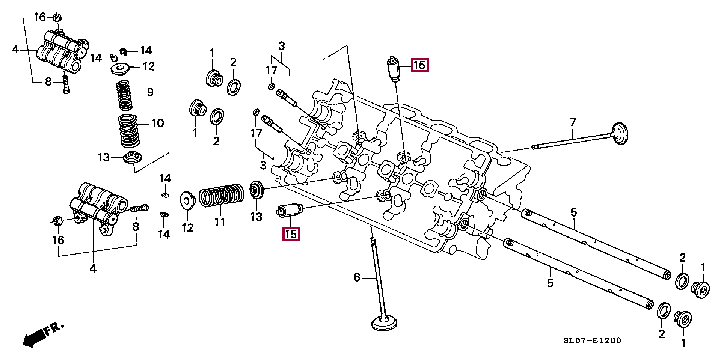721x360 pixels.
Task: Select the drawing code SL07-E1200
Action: point(592,341)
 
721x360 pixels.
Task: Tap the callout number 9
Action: point(150,92)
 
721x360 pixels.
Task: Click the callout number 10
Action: point(157,123)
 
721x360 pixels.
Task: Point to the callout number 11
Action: point(220,222)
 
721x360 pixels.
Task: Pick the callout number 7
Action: point(572,122)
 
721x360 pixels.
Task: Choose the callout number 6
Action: point(357,277)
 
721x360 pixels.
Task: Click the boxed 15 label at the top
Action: point(419,65)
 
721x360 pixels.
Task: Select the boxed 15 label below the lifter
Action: point(291,234)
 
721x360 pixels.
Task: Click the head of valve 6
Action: point(385,322)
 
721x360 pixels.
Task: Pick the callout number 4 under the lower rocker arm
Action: point(93,268)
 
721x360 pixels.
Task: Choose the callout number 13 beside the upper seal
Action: point(104,157)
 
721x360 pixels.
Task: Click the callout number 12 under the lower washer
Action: point(187,227)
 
